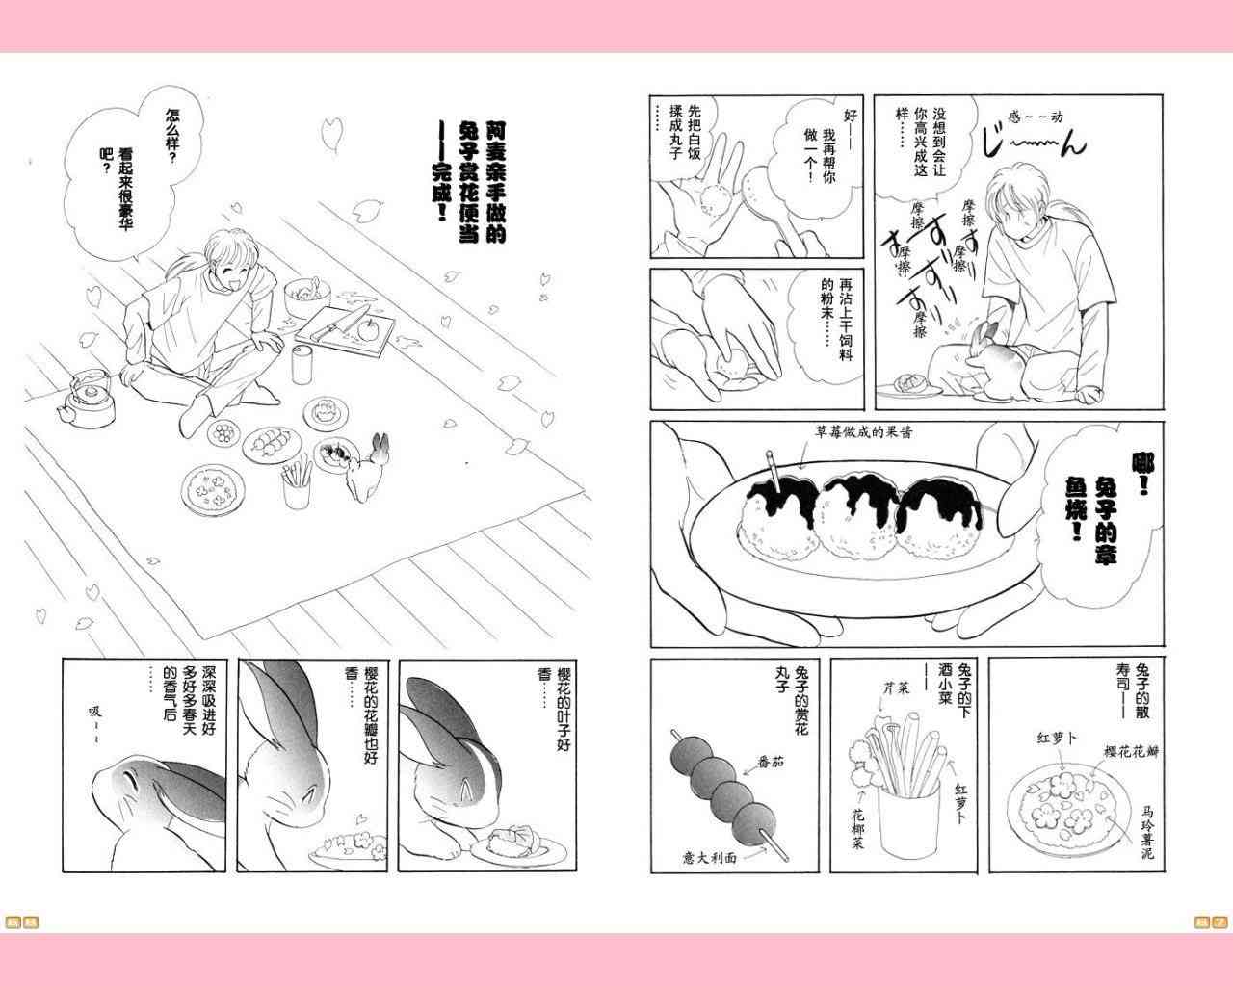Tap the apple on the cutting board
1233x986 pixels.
tap(367, 330)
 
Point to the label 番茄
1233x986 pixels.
tap(770, 762)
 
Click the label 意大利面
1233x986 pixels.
tap(709, 858)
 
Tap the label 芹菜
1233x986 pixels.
tap(897, 688)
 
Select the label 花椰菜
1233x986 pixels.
tap(858, 828)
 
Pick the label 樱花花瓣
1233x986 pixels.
tap(1131, 752)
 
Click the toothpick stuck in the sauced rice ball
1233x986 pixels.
tap(774, 471)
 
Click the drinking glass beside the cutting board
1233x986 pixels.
tap(302, 364)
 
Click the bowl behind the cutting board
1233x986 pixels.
tap(306, 296)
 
